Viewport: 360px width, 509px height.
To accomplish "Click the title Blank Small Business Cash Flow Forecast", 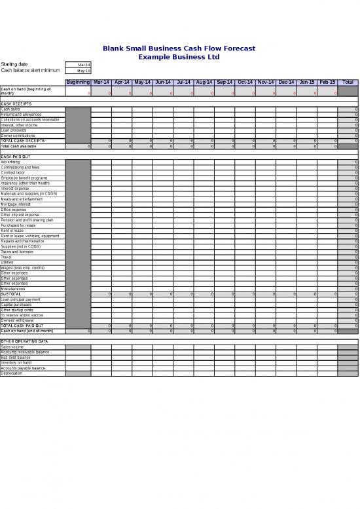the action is tap(179, 48).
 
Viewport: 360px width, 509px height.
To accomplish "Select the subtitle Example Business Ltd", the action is tap(179, 56).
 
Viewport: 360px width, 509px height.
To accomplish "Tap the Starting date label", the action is tap(14, 64).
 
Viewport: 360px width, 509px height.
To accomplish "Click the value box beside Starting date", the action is tap(79, 65).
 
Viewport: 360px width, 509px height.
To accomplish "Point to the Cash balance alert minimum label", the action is tap(27, 70).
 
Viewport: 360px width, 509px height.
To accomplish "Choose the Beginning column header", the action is tap(78, 83).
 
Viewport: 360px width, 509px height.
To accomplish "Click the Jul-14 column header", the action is tap(183, 83).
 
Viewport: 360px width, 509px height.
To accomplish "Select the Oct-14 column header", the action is tap(245, 83).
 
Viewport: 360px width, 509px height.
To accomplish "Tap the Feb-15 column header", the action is tap(327, 83).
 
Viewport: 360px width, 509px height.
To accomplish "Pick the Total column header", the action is tap(348, 83).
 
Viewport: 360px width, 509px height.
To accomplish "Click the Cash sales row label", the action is tap(10, 109).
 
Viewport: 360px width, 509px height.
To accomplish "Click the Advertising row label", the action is tap(10, 162).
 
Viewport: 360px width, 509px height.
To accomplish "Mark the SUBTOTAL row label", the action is tap(11, 294).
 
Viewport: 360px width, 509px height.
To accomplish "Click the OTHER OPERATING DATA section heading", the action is tap(24, 341).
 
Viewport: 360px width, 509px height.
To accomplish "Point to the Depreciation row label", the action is tap(12, 373).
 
